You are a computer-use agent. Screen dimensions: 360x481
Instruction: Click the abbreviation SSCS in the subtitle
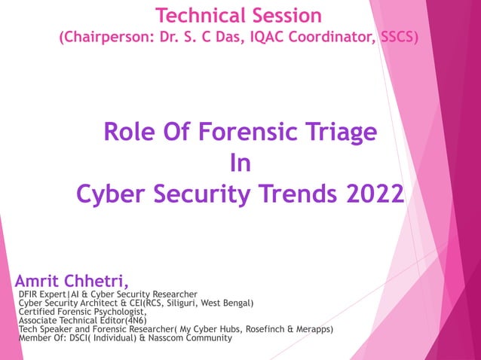click(397, 37)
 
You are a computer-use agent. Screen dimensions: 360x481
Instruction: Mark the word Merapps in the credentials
click(309, 329)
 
